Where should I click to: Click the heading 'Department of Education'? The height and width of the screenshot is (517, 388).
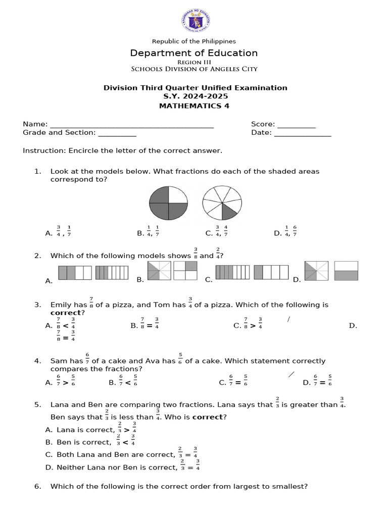tap(194, 53)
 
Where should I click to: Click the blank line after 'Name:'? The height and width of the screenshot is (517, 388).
tap(132, 124)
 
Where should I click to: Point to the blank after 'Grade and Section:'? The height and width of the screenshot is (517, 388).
tap(117, 133)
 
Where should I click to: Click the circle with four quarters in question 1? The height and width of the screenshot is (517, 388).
tap(168, 203)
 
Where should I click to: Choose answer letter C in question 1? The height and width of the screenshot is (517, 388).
tap(209, 233)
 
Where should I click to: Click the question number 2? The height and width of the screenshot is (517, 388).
tap(37, 256)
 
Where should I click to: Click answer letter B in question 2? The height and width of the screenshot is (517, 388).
tap(140, 279)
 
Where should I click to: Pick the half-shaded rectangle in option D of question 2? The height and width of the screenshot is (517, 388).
tap(346, 271)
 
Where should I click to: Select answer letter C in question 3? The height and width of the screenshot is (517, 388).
tap(236, 326)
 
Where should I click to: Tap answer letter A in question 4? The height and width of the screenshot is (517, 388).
tap(48, 383)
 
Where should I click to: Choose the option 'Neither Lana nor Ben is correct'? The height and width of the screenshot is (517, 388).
tap(117, 468)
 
